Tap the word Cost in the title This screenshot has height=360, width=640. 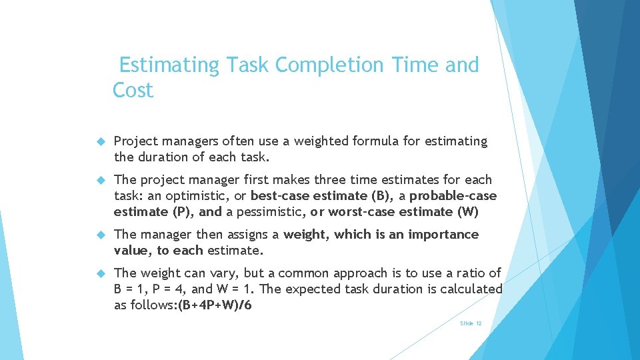pyautogui.click(x=133, y=90)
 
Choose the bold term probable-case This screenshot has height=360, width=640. pyautogui.click(x=453, y=195)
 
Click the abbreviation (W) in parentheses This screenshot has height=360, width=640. pyautogui.click(x=467, y=211)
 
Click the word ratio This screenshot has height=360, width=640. pyautogui.click(x=471, y=273)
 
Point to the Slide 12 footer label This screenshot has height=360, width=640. pyautogui.click(x=471, y=323)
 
